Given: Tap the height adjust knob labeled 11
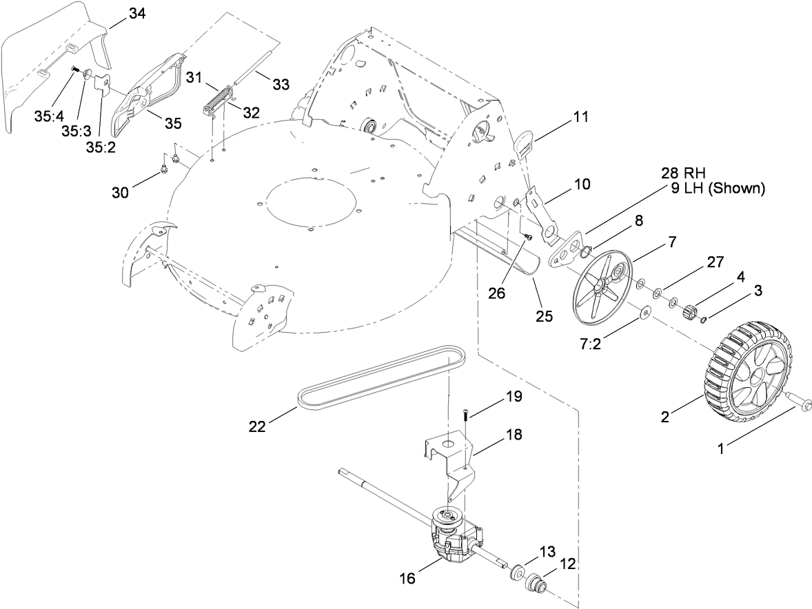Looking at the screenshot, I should click(527, 143).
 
